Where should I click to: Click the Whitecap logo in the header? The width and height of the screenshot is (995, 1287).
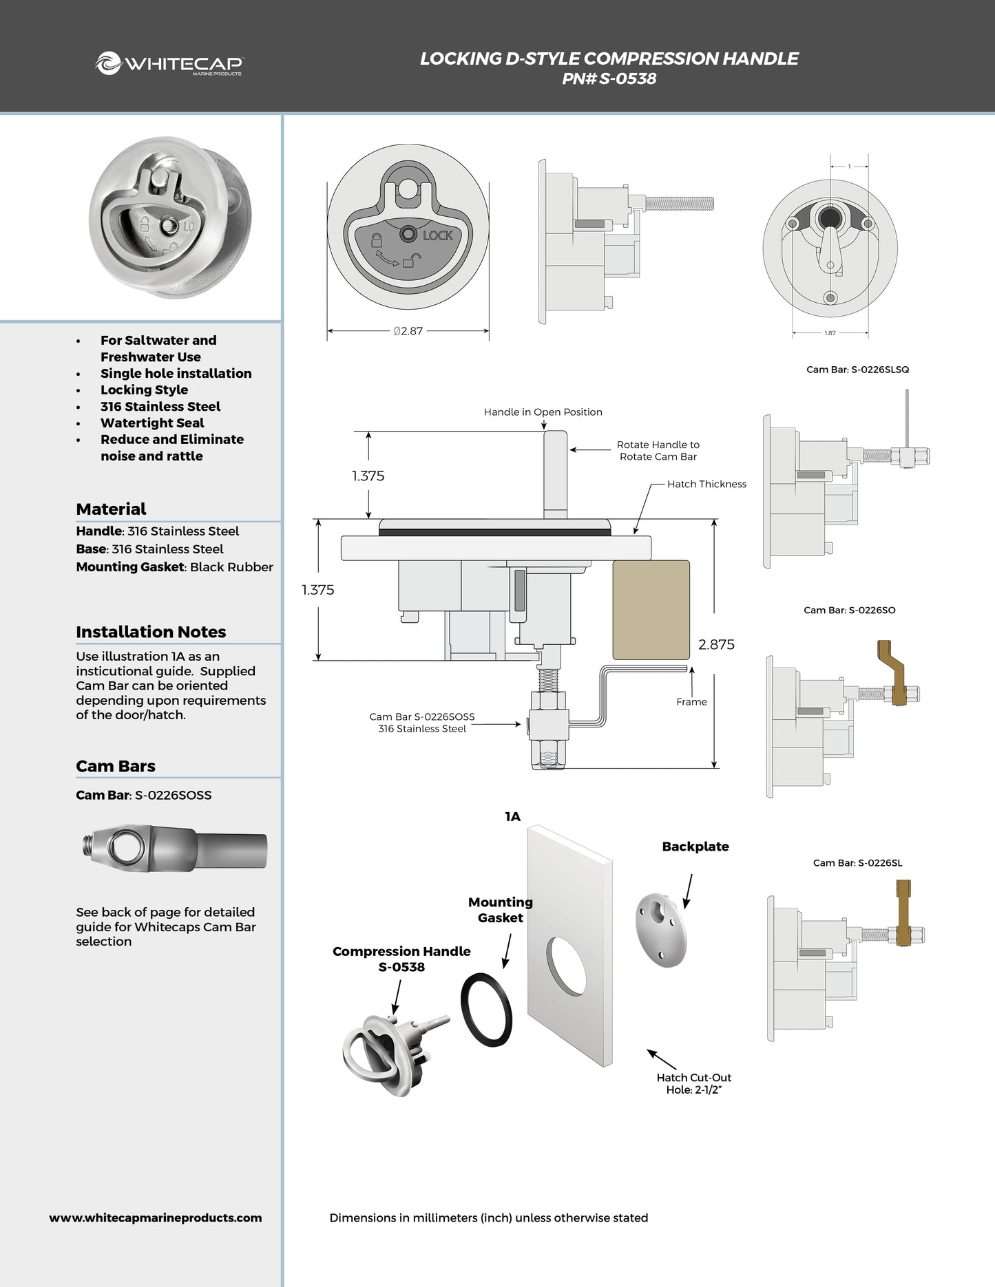[x=169, y=63]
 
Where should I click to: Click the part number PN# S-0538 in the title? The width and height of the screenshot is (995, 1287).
[x=609, y=78]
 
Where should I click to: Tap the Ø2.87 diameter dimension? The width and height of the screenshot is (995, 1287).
[x=408, y=331]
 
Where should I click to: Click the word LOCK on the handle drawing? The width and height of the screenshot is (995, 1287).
[x=437, y=235]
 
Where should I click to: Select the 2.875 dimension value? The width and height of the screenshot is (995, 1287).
[x=716, y=645]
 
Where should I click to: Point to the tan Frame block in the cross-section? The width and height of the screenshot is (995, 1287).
[x=651, y=610]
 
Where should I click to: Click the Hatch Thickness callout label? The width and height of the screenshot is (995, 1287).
[x=706, y=484]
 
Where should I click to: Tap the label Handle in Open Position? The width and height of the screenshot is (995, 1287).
[x=543, y=412]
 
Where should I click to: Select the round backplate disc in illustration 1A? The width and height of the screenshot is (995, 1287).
[x=661, y=930]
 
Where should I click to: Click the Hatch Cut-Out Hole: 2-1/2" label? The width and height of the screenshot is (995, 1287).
[x=693, y=1083]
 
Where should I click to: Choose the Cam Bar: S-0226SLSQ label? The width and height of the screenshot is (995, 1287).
[x=857, y=370]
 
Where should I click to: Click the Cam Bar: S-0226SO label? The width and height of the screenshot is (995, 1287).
[x=849, y=610]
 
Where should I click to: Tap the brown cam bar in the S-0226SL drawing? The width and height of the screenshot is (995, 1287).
[x=904, y=911]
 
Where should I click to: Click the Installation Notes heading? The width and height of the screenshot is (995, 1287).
[x=151, y=632]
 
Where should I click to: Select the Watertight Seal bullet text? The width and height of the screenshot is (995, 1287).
[x=152, y=423]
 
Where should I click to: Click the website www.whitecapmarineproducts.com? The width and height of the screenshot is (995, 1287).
[x=155, y=1217]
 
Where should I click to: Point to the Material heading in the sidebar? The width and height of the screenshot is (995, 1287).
[x=111, y=509]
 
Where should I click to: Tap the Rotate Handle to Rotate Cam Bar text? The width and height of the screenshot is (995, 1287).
[x=658, y=451]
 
